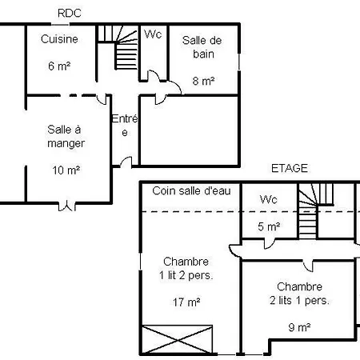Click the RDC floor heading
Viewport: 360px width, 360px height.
(x=70, y=14)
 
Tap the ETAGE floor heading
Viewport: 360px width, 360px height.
(x=290, y=168)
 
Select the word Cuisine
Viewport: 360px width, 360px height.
(x=59, y=39)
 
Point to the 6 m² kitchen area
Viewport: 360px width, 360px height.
(x=59, y=66)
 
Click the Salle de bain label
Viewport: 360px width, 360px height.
(x=202, y=47)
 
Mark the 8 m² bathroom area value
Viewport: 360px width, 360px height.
(x=203, y=81)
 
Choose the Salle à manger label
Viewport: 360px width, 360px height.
(x=66, y=137)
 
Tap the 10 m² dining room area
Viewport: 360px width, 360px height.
(x=66, y=170)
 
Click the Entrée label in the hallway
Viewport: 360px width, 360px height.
(x=125, y=126)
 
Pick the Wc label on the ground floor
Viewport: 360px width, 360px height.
(x=153, y=34)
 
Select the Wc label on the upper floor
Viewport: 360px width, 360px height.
(x=269, y=199)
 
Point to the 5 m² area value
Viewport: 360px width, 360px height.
(x=269, y=226)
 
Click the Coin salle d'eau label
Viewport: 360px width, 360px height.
(x=191, y=191)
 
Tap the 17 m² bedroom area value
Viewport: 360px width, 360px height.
(x=186, y=302)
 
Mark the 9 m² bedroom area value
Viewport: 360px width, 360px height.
(x=299, y=327)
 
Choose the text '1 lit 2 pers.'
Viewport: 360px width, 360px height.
(x=186, y=275)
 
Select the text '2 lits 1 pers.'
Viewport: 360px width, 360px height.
(x=299, y=301)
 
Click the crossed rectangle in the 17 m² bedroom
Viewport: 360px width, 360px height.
(x=178, y=340)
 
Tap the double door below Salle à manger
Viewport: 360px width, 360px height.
(x=66, y=206)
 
